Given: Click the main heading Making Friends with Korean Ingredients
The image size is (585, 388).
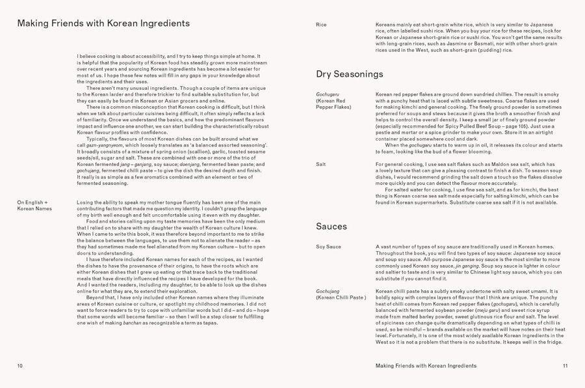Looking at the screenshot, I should coord(103,23).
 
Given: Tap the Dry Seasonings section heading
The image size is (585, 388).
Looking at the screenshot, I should coord(349,74).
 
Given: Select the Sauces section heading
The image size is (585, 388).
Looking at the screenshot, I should coord(331,227).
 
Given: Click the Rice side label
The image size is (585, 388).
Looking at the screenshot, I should coord(321,25).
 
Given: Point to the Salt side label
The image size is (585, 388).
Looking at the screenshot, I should coord(320,165).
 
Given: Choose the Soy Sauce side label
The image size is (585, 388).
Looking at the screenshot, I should coord(328,247).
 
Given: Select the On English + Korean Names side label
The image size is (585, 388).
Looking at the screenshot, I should coord(37,206).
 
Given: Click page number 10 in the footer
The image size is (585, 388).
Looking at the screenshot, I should coord(20,366).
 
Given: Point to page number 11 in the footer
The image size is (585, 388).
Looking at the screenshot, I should coord(565,366).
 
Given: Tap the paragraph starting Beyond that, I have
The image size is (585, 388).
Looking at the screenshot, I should coord(172,310).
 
